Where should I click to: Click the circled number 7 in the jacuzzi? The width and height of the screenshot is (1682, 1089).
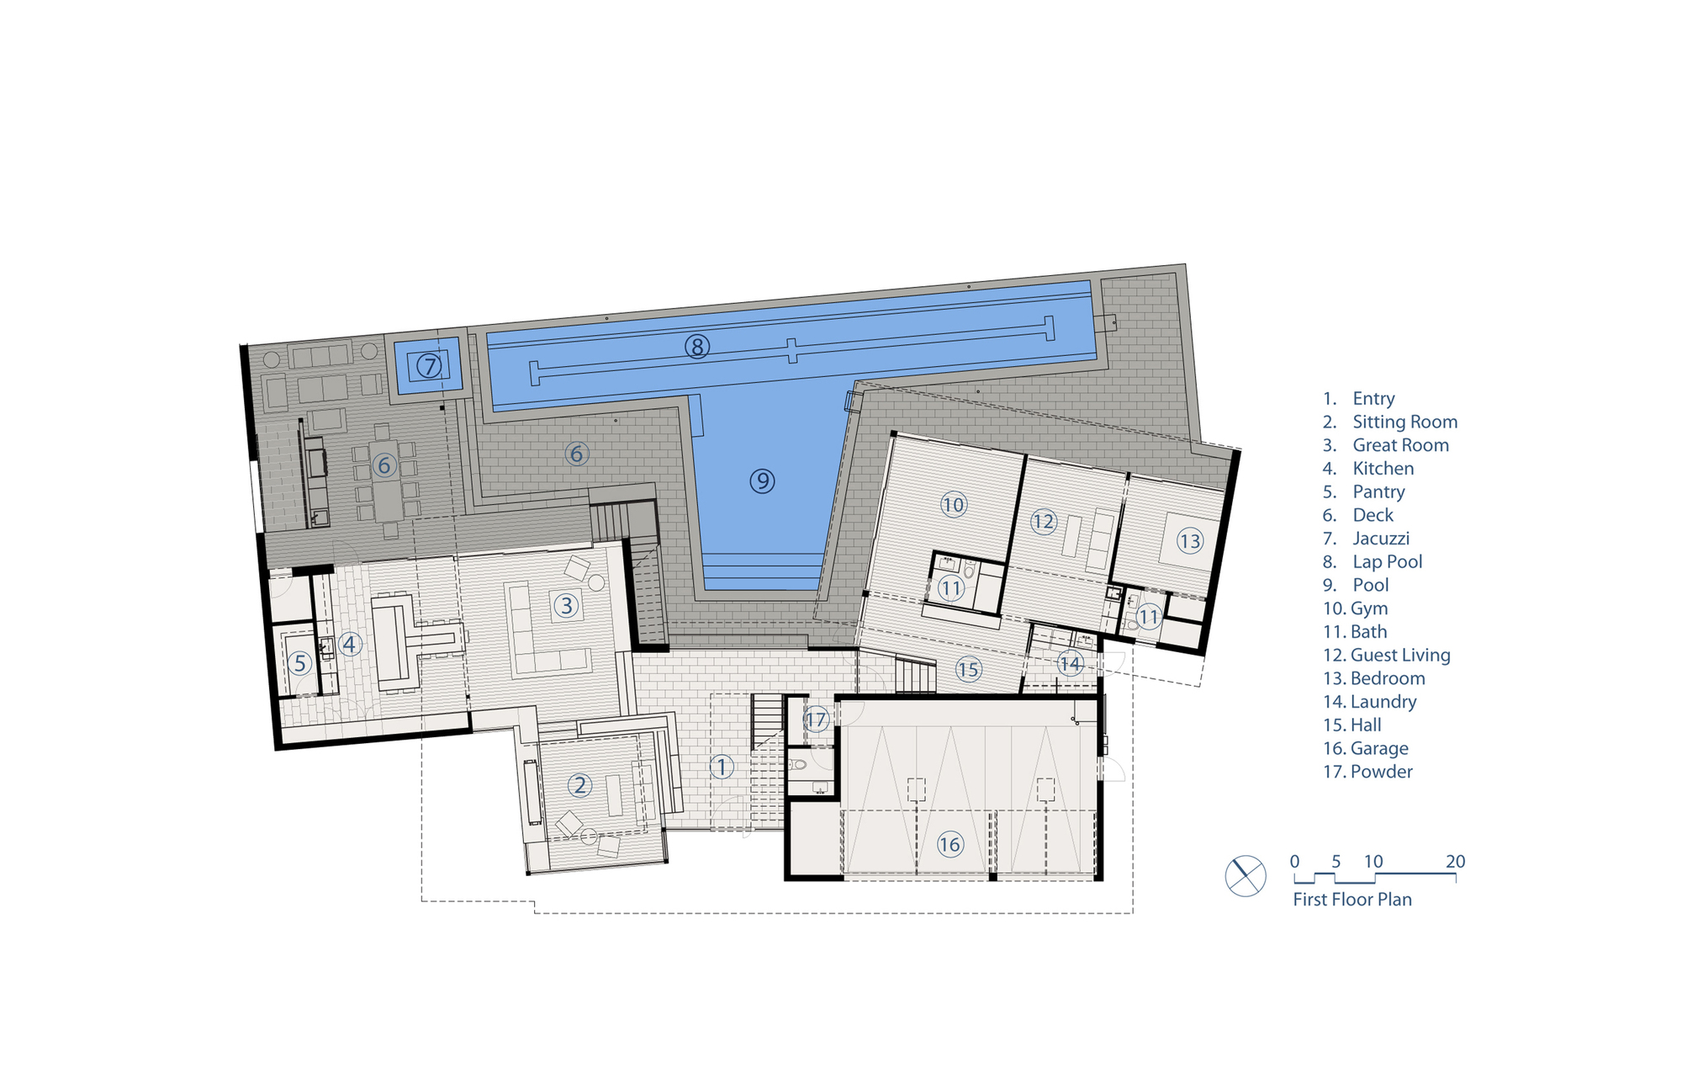pos(429,366)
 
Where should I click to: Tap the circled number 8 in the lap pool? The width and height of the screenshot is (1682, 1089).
pos(696,346)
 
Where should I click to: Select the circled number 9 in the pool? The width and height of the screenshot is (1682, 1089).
pos(762,481)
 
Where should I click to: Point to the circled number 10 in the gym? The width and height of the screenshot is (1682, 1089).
pos(953,505)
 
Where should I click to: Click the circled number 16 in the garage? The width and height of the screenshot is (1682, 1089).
pos(949,844)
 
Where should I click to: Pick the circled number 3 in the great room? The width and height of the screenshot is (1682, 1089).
pos(566,604)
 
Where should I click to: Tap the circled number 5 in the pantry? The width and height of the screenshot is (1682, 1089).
pos(299,662)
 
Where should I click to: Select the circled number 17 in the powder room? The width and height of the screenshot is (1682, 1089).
pos(816,720)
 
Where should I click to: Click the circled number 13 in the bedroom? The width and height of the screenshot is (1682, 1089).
pos(1189,540)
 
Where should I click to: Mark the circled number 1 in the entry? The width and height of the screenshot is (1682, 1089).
pos(721,767)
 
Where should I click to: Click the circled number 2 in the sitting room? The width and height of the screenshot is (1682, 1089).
pos(579,785)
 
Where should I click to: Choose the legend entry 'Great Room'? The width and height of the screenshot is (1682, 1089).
pos(1400,445)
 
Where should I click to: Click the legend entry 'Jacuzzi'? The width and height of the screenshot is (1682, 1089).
pos(1381,539)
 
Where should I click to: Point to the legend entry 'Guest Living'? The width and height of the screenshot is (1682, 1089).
pos(1400,655)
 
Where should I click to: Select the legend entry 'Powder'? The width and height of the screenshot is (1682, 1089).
pos(1381,772)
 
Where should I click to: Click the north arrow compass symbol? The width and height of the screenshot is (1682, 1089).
pos(1246,876)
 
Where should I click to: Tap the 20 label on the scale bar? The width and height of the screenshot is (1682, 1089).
pos(1455,862)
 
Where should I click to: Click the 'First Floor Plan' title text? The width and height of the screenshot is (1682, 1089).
pos(1352,900)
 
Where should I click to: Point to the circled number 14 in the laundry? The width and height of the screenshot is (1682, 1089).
pos(1069,664)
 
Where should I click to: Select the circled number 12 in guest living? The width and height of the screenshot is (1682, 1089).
pos(1043,522)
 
